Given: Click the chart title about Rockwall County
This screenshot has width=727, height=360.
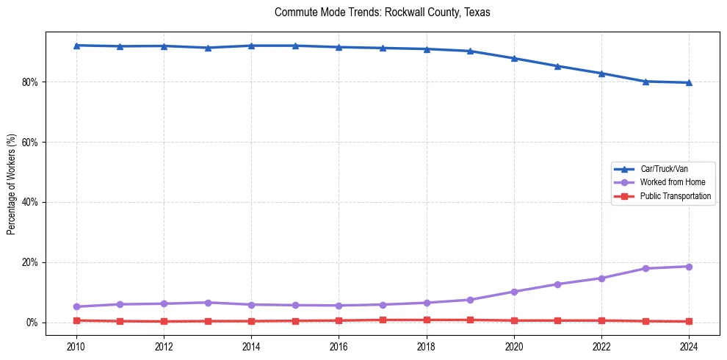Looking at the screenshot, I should (382, 12).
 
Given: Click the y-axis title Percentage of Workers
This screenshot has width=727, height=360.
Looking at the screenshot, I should (11, 184).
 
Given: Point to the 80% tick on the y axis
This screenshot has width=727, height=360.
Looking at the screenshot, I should (31, 82).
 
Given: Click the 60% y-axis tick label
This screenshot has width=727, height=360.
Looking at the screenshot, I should (31, 143).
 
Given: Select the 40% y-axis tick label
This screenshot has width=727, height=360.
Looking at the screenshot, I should (31, 203).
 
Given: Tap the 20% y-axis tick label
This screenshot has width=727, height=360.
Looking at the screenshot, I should (31, 263).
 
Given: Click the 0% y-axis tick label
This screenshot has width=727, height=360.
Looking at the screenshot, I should (33, 323).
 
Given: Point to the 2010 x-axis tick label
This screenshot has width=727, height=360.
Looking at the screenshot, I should (76, 346).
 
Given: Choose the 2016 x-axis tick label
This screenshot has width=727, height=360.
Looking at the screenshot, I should (339, 346).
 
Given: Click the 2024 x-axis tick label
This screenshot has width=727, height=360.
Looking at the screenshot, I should (689, 346).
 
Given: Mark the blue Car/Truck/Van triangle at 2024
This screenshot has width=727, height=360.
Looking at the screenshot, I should (689, 82).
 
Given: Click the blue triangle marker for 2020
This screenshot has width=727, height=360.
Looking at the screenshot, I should (514, 58).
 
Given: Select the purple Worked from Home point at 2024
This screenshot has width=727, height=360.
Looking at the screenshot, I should (689, 267).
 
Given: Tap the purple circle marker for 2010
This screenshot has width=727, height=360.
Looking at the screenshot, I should (76, 306).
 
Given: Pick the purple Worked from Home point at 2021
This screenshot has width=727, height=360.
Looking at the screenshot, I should (557, 284).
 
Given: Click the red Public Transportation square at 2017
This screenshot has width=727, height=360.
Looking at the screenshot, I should (383, 320).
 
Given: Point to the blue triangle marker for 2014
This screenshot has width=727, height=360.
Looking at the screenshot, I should (251, 46).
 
